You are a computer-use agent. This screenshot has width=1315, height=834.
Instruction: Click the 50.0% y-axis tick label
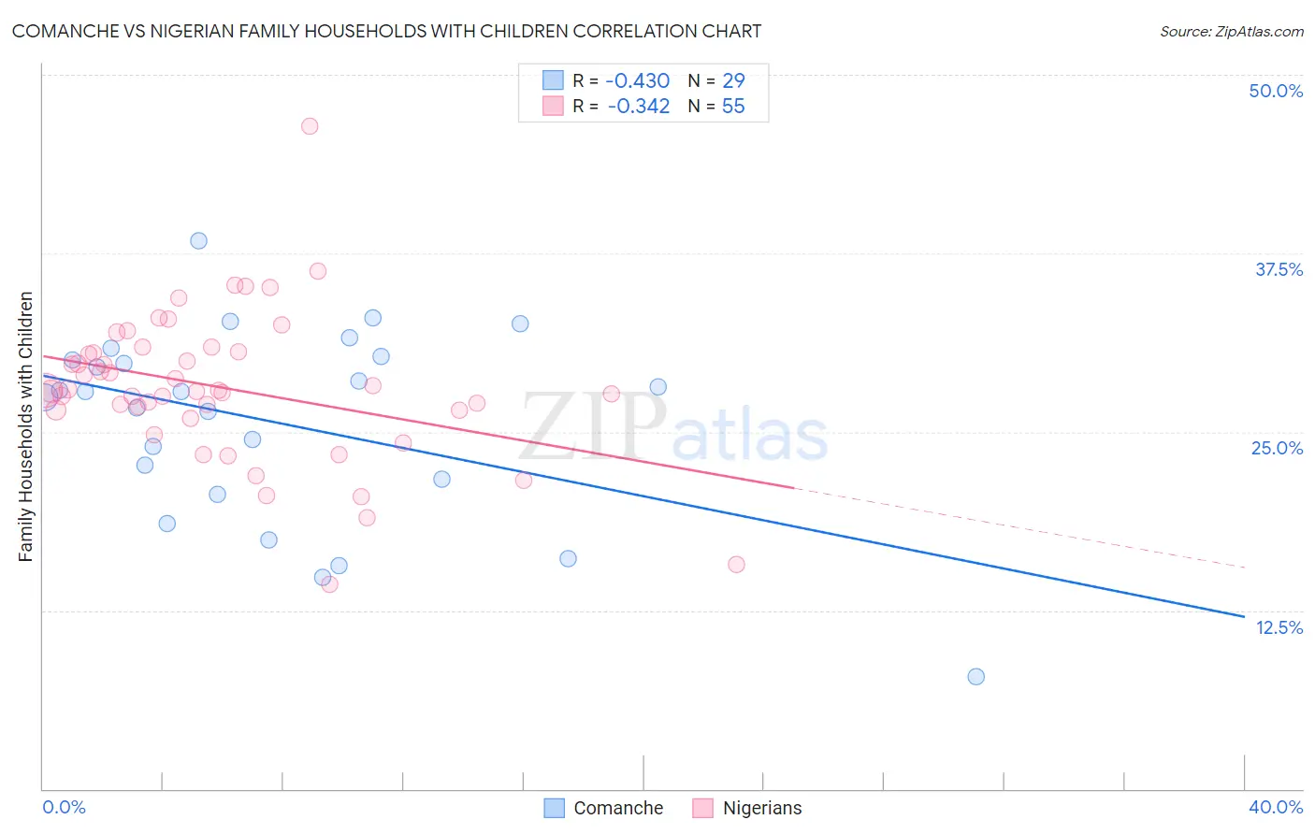[x=1276, y=91]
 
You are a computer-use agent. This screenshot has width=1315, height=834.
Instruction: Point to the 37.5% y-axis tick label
[x=1279, y=269]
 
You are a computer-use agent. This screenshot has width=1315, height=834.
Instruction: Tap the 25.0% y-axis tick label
[x=1277, y=448]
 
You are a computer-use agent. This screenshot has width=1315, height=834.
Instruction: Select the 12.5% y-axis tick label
[x=1279, y=627]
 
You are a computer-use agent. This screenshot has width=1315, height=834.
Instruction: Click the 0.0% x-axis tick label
[x=64, y=807]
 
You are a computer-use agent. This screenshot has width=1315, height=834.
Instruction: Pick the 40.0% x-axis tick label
[x=1276, y=807]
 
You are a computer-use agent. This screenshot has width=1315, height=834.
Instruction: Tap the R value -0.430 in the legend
[x=638, y=80]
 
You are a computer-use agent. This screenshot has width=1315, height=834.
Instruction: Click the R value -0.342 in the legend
[x=638, y=106]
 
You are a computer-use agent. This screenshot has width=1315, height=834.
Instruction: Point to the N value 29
[x=733, y=80]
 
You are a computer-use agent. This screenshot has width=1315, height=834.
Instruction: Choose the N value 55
[x=733, y=106]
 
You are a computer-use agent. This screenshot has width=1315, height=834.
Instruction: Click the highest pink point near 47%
[x=310, y=126]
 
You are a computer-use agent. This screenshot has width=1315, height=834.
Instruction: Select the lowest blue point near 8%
[x=975, y=676]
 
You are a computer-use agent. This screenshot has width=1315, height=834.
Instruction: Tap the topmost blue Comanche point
[x=198, y=240]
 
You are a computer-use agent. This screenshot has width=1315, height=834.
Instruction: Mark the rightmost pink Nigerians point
[x=736, y=564]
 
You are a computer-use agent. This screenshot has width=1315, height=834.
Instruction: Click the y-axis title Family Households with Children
[x=26, y=426]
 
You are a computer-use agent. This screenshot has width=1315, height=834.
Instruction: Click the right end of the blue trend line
[x=1243, y=616]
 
